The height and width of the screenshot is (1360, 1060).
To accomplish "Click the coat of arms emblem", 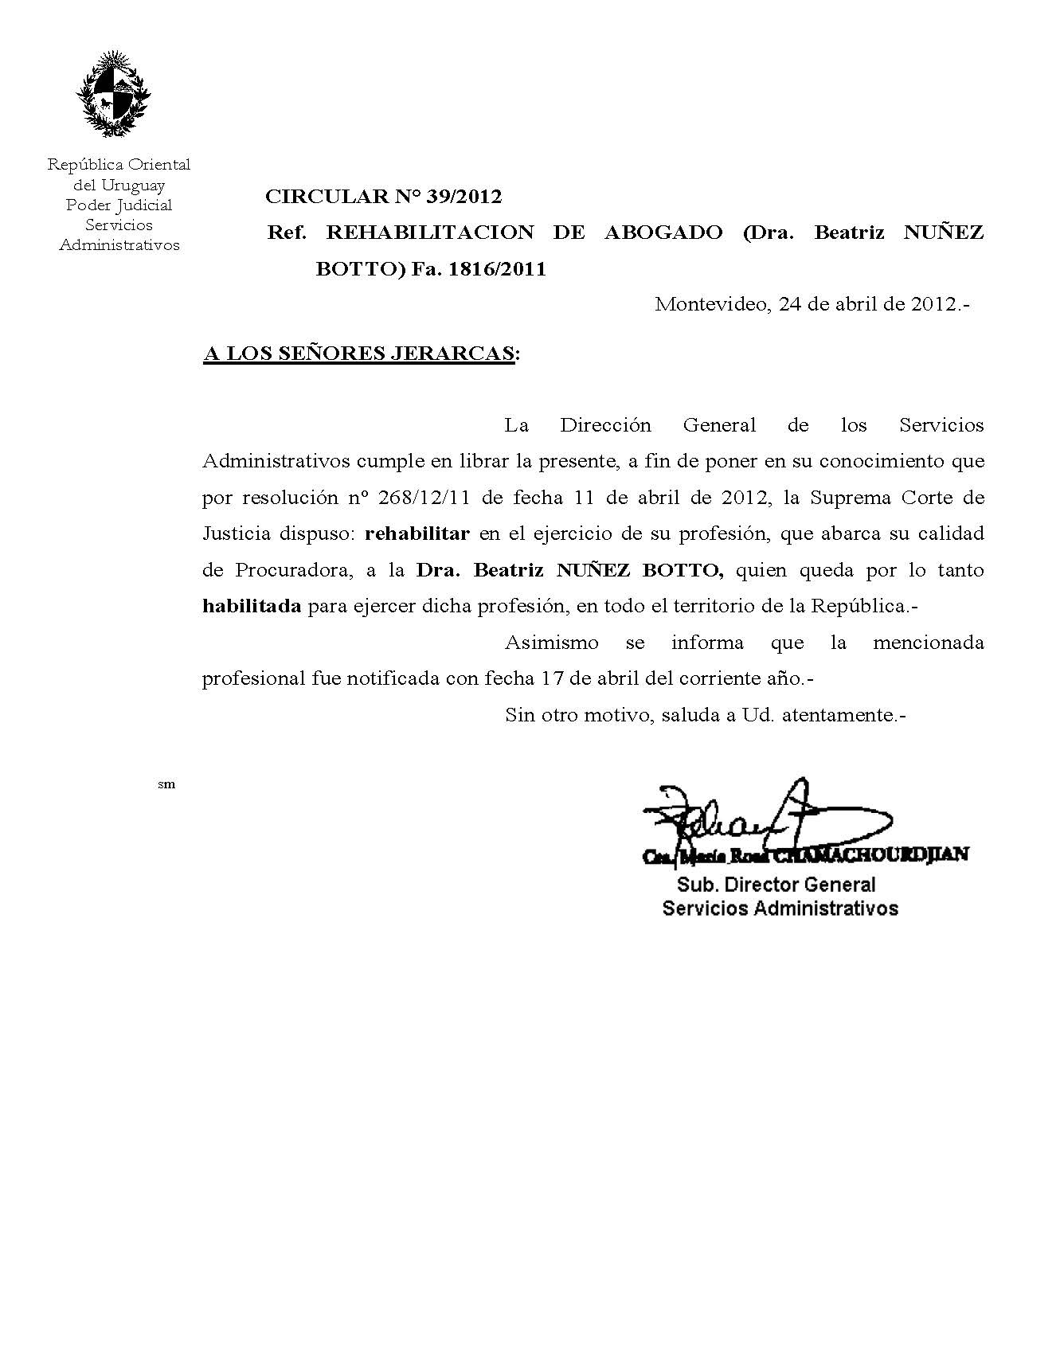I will click(114, 94).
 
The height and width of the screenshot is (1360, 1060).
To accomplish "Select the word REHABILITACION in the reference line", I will click(430, 233).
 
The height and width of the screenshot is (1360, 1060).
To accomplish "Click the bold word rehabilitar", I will click(417, 533).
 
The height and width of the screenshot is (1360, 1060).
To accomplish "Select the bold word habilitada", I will click(252, 606).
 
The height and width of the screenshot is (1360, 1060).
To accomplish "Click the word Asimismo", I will click(551, 643).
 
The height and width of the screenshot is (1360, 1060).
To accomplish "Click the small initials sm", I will click(166, 784).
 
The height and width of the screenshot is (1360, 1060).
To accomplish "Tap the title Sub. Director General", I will click(776, 885).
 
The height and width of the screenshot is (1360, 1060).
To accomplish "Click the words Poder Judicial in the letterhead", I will click(119, 205).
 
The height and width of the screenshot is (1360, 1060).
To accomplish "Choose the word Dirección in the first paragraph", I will click(605, 425).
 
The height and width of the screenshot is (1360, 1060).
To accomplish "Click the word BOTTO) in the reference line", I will click(359, 269).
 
